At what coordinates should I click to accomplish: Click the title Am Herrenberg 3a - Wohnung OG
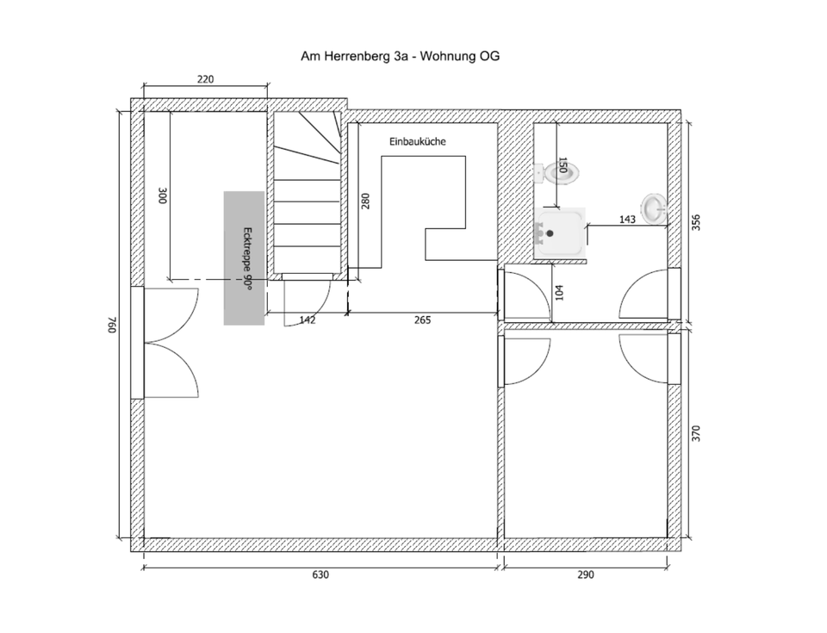(400, 57)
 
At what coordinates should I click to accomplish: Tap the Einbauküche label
(417, 142)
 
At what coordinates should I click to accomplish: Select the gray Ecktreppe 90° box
(244, 258)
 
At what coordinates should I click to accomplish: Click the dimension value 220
(205, 79)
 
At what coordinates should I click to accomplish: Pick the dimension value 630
(320, 574)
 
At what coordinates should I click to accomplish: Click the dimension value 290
(585, 574)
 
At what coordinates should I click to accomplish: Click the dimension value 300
(161, 195)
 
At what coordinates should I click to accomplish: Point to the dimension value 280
(365, 202)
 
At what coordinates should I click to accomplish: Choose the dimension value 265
(422, 320)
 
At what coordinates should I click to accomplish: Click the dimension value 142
(307, 320)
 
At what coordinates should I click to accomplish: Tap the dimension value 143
(627, 220)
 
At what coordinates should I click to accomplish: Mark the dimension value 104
(560, 293)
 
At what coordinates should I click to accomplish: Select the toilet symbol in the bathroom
(553, 172)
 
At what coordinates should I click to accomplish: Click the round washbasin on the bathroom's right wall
(655, 207)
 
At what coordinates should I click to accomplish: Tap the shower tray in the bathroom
(560, 231)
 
